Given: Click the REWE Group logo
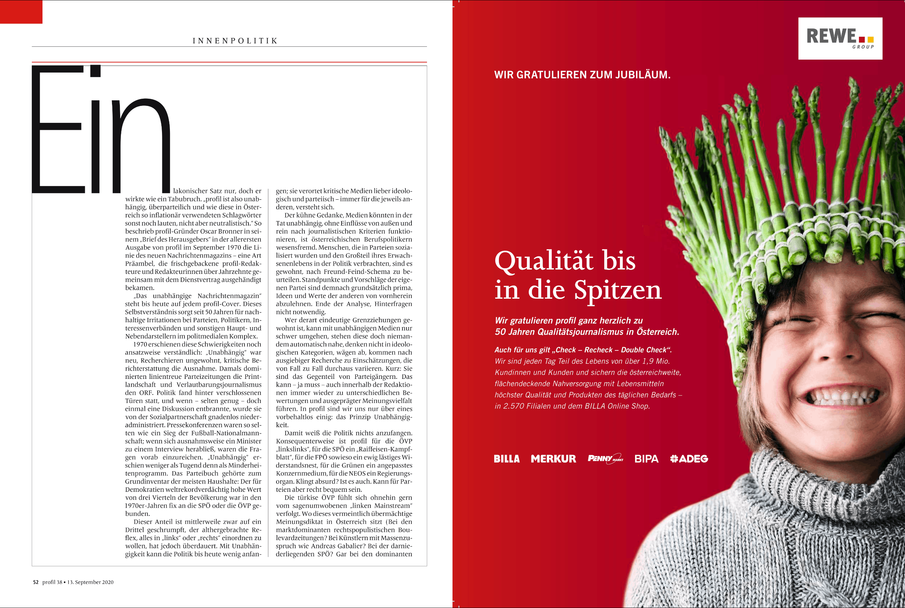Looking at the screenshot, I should tap(840, 38).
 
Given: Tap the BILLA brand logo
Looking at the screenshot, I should tap(506, 459).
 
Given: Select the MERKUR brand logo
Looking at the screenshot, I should tap(553, 459).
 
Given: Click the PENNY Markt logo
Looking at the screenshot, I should tap(605, 458).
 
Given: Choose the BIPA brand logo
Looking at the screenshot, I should tap(646, 459).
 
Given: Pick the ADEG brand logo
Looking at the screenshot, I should tap(689, 459).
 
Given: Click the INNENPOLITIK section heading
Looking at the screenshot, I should tap(235, 41).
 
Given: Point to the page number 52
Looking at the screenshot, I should tap(36, 582).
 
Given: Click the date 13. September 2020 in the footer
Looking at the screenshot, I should tap(90, 582).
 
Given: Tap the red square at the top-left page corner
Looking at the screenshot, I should tap(21, 12).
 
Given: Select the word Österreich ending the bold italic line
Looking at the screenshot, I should tap(658, 332).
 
